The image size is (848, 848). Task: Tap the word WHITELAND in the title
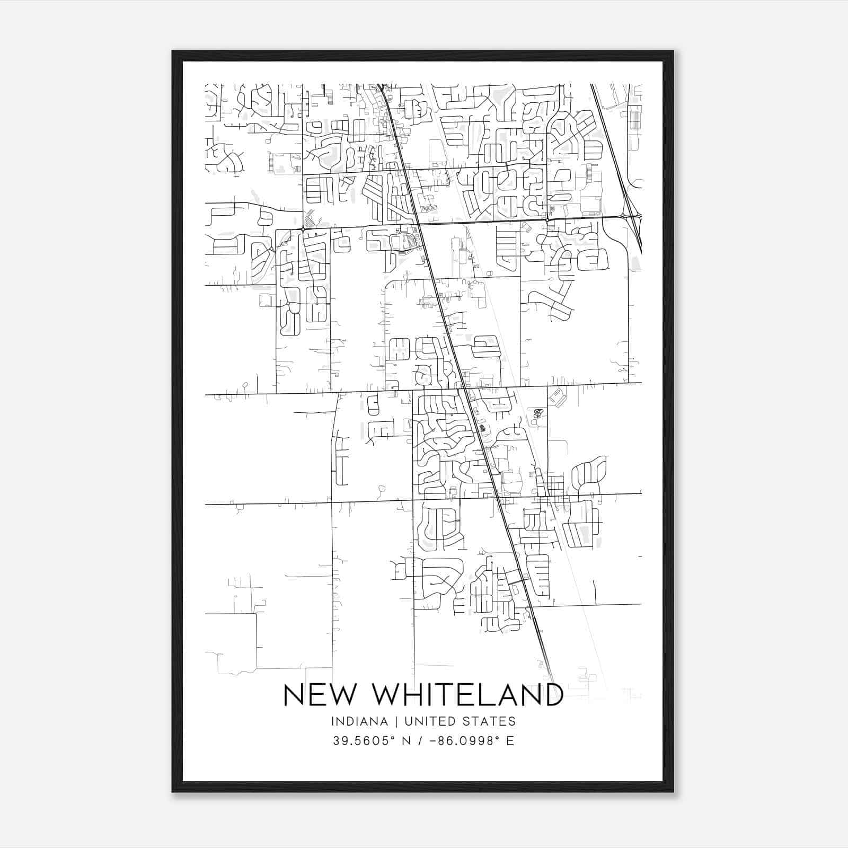[x=462, y=695]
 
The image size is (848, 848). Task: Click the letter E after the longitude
[x=510, y=741]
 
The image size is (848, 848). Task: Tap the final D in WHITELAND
[x=552, y=695]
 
